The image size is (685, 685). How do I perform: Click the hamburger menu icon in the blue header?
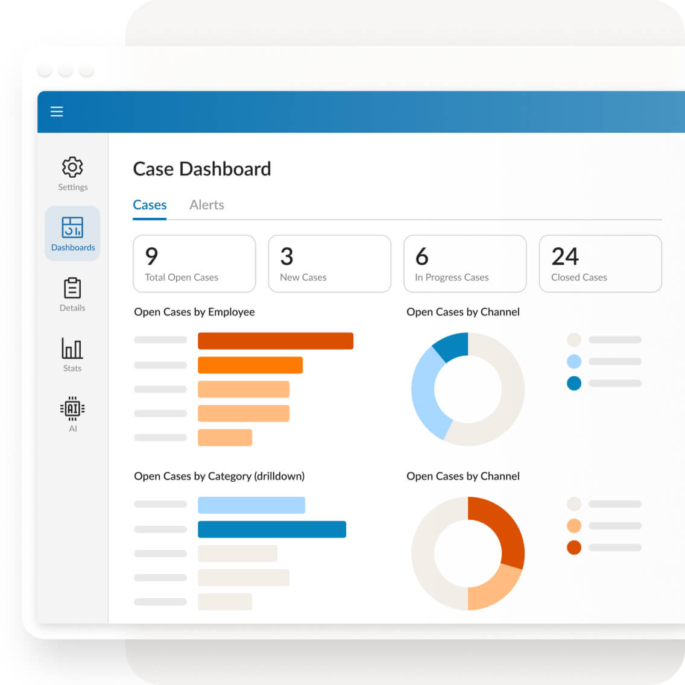tap(57, 112)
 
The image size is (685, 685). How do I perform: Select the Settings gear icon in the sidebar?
tap(72, 167)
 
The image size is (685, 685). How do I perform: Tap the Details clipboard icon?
tap(72, 288)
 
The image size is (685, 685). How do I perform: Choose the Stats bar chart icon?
tap(72, 349)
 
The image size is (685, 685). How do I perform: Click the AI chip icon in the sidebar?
tap(72, 409)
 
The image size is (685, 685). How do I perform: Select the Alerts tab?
tap(207, 205)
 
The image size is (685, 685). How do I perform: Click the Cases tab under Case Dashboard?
tap(150, 205)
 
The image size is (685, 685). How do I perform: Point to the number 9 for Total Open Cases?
tap(152, 257)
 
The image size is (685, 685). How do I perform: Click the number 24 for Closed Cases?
tap(565, 257)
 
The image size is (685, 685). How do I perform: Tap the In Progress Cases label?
tap(452, 277)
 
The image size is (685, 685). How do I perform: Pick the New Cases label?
tap(303, 277)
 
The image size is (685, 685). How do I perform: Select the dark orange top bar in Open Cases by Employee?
tap(276, 341)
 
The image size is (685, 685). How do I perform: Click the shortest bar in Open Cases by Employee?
tap(225, 437)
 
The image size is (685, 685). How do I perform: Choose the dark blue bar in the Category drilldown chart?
tap(272, 529)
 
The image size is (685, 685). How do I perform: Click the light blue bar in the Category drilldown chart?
tap(251, 505)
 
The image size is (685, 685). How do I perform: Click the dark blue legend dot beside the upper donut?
tap(574, 383)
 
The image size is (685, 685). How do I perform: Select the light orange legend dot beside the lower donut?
tap(574, 526)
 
